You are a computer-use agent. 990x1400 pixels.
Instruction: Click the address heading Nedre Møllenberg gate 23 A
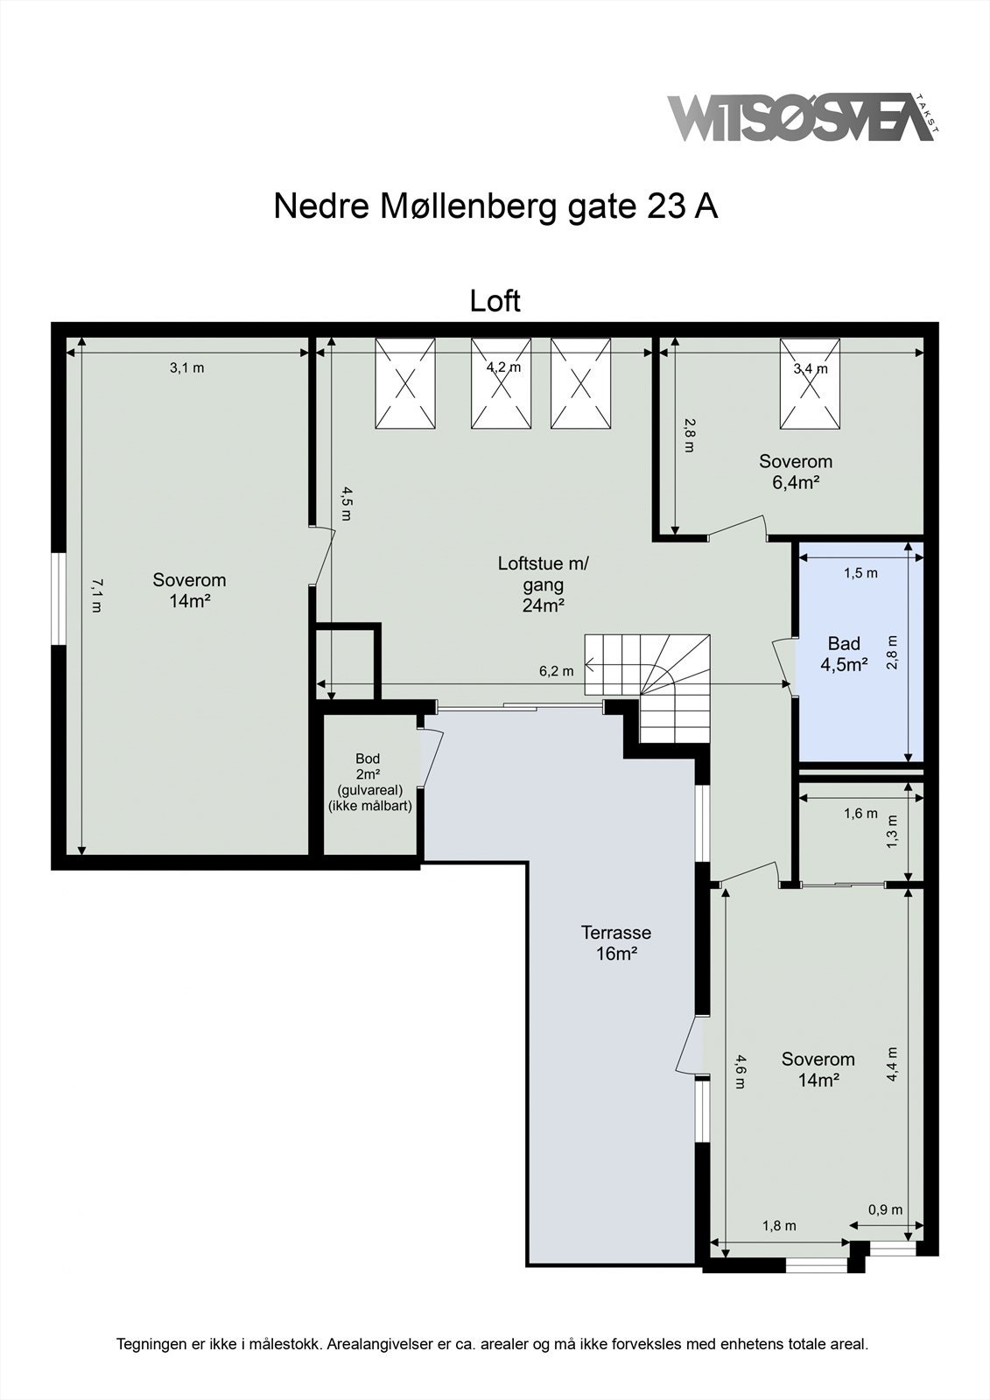(495, 206)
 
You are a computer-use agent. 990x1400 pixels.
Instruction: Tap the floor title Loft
(495, 300)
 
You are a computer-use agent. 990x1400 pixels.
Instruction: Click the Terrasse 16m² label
(615, 942)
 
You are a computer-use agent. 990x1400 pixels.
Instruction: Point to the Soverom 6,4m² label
(795, 471)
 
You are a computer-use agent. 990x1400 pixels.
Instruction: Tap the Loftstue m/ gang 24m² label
(543, 584)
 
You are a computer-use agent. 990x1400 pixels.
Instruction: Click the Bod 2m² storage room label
(369, 782)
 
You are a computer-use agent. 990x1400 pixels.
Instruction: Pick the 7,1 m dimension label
(96, 595)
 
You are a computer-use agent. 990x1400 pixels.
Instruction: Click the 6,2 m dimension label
(556, 671)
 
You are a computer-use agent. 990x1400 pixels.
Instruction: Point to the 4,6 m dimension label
(740, 1072)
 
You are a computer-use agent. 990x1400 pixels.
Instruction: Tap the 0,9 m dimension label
(884, 1210)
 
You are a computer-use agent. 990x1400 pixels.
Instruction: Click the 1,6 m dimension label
(860, 814)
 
